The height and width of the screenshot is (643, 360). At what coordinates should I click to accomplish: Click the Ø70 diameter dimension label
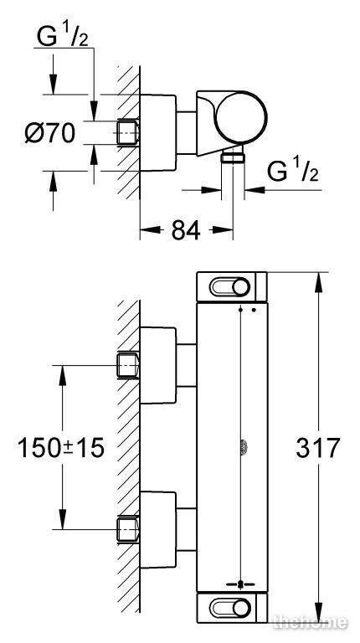[x=50, y=134]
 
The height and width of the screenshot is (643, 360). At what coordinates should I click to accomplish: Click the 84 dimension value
[x=186, y=230]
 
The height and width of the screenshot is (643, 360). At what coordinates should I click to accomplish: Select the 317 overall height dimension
[x=318, y=448]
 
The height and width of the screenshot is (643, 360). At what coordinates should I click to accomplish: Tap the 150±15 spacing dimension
[x=60, y=448]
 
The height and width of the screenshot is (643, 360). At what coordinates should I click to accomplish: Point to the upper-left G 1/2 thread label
[x=62, y=37]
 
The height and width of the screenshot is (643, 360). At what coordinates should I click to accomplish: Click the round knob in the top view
[x=241, y=117]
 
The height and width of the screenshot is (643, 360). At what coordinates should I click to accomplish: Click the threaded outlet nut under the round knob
[x=233, y=158]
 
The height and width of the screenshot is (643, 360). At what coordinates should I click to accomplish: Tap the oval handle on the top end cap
[x=230, y=287]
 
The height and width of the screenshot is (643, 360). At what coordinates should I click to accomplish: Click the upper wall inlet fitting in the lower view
[x=128, y=365]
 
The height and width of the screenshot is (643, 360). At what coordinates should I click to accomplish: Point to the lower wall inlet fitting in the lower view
[x=128, y=529]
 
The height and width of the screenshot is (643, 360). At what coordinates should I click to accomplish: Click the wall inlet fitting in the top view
[x=128, y=132]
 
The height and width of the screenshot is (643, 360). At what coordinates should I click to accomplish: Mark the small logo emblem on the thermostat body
[x=242, y=447]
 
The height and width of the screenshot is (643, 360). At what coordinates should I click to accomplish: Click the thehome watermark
[x=311, y=623]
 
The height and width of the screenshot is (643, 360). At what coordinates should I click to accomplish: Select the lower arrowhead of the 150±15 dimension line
[x=62, y=519]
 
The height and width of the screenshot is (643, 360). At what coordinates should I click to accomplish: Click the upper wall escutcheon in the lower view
[x=158, y=365]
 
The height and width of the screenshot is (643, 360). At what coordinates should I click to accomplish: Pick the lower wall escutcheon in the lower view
[x=158, y=529]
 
